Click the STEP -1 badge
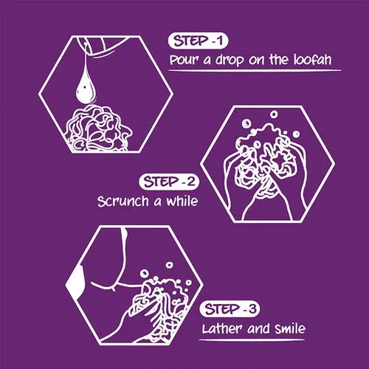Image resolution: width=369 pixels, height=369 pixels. pyautogui.click(x=199, y=41)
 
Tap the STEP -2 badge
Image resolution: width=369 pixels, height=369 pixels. pyautogui.click(x=169, y=182)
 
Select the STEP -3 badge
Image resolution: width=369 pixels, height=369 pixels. pyautogui.click(x=230, y=309)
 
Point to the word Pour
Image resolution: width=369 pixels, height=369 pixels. pyautogui.click(x=184, y=60)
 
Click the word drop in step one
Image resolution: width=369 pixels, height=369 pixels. pyautogui.click(x=230, y=61)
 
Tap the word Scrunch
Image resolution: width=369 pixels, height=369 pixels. pyautogui.click(x=123, y=201)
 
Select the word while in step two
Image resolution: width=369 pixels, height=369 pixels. pyautogui.click(x=182, y=201)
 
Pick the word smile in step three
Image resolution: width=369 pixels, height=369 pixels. pyautogui.click(x=290, y=328)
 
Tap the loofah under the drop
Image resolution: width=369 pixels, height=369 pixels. pyautogui.click(x=98, y=128)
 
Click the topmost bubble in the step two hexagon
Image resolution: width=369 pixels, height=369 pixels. pyautogui.click(x=274, y=114)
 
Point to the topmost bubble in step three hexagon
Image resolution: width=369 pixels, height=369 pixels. pyautogui.click(x=169, y=265)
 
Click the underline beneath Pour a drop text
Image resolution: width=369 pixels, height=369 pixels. pyautogui.click(x=255, y=71)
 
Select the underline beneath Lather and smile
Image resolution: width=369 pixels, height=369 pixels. pyautogui.click(x=252, y=340)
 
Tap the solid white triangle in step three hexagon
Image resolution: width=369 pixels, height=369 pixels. pyautogui.click(x=76, y=283)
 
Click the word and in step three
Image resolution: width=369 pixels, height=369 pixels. pyautogui.click(x=259, y=328)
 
